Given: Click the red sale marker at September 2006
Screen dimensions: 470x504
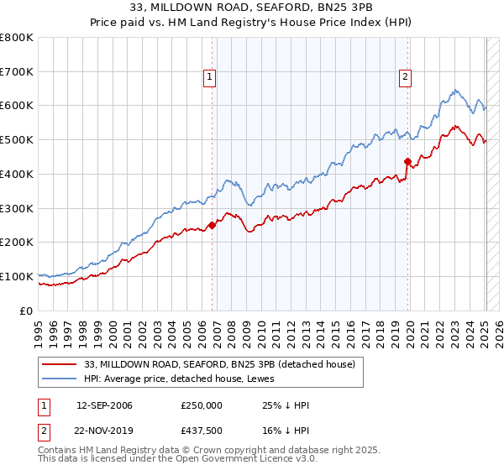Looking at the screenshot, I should pos(212,224).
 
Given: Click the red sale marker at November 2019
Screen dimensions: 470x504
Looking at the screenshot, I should pos(407,161).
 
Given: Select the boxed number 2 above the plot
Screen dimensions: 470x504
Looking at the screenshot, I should pos(405,78).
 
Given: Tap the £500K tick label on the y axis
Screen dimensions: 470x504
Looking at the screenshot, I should pos(17,139).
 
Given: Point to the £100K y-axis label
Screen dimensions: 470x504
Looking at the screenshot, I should pos(17,276).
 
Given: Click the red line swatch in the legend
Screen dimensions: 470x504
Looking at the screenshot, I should pos(60,364).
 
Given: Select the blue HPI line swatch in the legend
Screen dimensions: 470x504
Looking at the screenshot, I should pos(60,379).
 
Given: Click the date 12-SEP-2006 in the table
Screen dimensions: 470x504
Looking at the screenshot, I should pos(104,405).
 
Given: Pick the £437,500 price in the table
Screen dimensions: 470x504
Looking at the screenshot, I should pos(201,430).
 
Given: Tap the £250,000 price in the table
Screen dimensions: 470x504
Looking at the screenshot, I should pos(201,405).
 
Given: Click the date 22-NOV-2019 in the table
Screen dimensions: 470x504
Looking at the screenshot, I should pos(104,430).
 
